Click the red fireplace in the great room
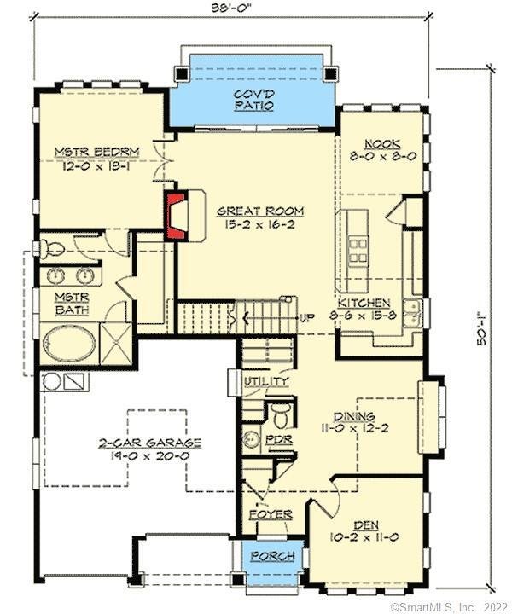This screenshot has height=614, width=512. click(177, 215)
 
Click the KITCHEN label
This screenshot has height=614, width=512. click(364, 303)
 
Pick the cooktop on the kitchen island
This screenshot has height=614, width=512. click(358, 249)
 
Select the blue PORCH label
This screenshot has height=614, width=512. click(272, 556)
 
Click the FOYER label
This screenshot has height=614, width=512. click(270, 515)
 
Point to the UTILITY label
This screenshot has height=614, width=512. click(266, 381)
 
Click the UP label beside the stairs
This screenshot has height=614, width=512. click(308, 318)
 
